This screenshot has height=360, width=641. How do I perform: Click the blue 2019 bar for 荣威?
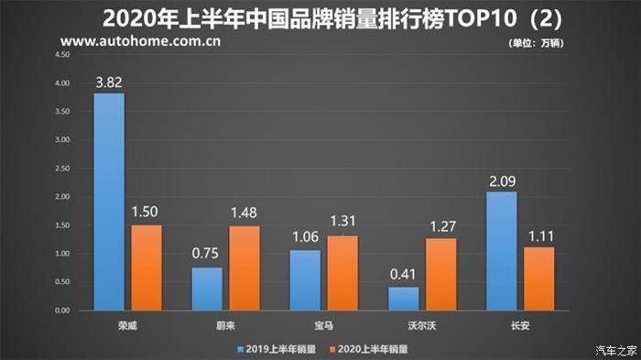coord(108,202)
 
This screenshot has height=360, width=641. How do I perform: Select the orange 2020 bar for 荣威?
coord(146,267)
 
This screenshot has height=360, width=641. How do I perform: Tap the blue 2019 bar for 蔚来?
coord(207,289)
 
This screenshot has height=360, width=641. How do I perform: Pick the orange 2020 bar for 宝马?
coord(343,273)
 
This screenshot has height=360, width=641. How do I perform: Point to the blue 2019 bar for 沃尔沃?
coord(403,299)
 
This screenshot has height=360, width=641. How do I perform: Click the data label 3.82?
coord(109,83)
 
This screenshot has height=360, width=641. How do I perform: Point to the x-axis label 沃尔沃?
coord(420,324)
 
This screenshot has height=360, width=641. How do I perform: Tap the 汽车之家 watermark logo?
coord(611,349)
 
